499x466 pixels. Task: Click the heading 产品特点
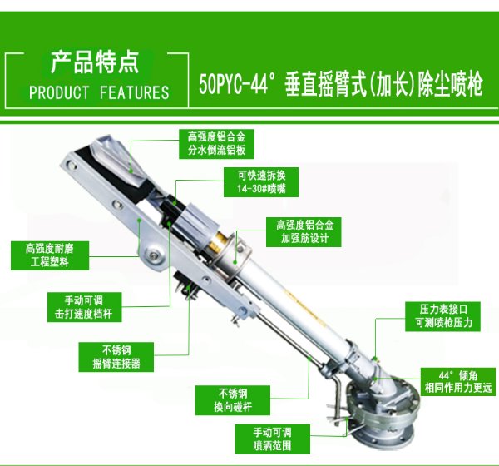95,62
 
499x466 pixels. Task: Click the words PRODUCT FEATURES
99,92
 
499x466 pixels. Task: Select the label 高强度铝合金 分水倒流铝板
216,144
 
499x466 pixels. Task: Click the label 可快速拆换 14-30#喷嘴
261,182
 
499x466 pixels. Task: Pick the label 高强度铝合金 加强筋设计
304,232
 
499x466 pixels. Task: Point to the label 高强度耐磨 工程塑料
50,255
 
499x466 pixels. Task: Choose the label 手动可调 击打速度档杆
84,307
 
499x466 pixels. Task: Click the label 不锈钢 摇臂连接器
116,357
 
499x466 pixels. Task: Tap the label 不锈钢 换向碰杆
233,400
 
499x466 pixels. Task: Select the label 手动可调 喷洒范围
273,439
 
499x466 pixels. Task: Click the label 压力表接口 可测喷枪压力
442,316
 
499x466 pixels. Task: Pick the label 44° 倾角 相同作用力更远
458,382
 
